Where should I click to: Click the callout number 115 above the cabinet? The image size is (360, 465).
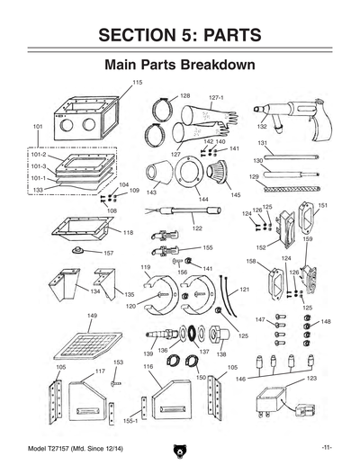point(137,83)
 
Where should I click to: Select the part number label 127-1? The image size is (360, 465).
point(216,97)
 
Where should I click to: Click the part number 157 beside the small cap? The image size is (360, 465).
point(108,253)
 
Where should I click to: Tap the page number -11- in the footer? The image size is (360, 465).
point(327,447)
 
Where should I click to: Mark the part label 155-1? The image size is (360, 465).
point(130,420)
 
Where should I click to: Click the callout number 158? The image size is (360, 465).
point(251,262)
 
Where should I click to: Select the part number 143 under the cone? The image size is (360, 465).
point(152,192)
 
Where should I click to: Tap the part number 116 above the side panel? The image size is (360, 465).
point(148,367)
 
